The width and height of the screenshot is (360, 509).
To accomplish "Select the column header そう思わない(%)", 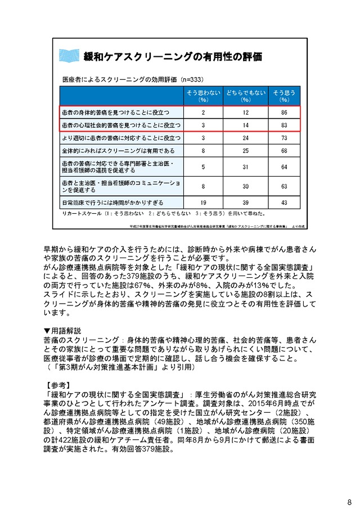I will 204,96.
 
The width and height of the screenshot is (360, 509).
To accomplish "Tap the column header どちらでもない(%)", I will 245,96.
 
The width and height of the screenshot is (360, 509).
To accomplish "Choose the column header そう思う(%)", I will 285,96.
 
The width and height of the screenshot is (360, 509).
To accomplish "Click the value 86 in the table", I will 285,112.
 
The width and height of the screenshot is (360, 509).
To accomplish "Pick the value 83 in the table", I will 285,124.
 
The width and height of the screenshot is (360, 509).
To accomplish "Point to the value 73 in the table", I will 285,137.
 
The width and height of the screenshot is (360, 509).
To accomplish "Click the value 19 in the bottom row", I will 204,202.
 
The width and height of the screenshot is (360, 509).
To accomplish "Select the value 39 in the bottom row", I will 245,202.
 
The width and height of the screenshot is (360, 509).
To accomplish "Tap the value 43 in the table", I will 285,202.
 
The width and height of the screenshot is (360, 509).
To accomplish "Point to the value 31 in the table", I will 245,166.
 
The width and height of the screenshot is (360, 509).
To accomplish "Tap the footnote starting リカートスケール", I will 164,214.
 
